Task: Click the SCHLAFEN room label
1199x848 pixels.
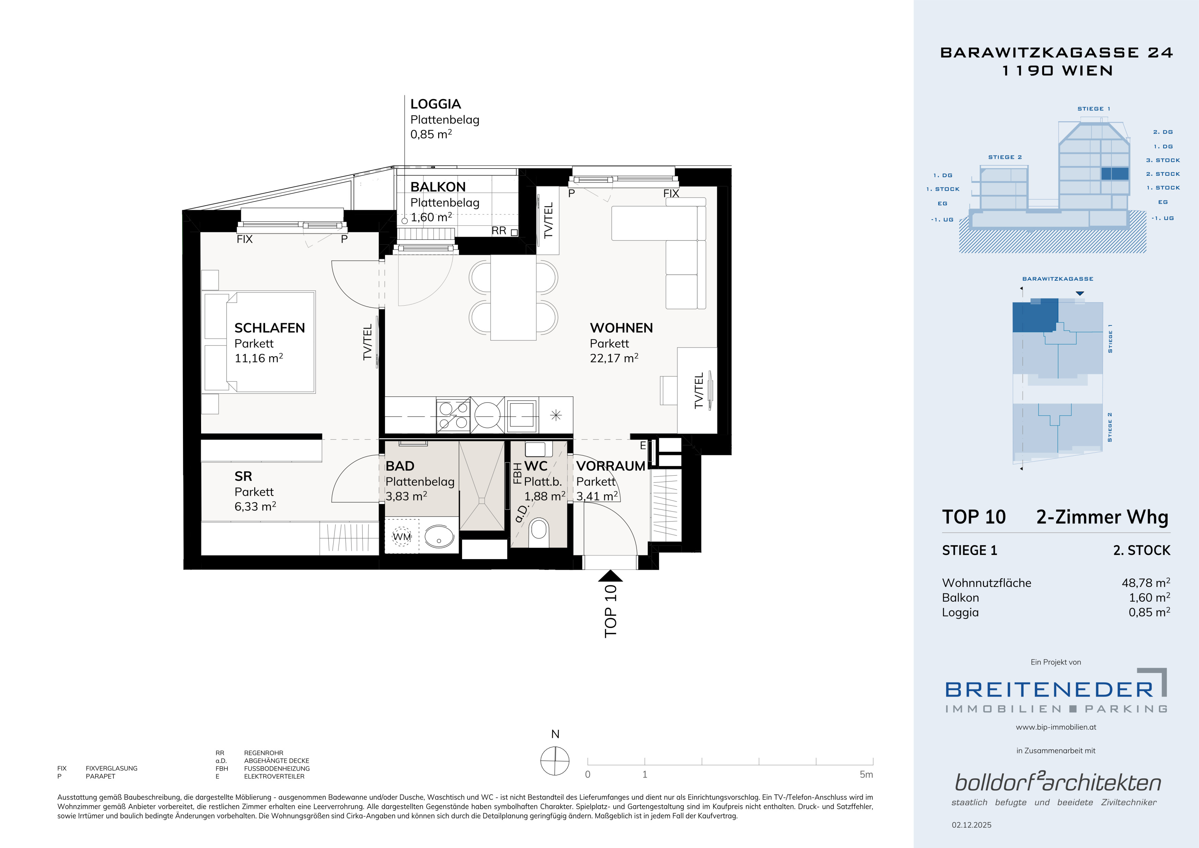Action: point(270,328)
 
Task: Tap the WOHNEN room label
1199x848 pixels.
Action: point(621,328)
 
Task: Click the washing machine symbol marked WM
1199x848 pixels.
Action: point(401,536)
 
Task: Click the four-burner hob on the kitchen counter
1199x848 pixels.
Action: point(453,416)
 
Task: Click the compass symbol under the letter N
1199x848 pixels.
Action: point(555,761)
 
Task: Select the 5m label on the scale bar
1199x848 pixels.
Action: point(866,774)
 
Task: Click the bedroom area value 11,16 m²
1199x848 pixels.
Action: point(259,358)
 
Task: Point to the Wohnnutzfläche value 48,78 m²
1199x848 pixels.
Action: point(1146,583)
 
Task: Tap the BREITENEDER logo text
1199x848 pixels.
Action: point(1049,690)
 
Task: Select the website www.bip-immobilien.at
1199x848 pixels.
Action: point(1056,727)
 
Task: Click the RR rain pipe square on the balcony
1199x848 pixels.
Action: point(515,233)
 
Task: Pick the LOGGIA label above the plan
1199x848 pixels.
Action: point(435,104)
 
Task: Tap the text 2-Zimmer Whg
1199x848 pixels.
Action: point(1102,517)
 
